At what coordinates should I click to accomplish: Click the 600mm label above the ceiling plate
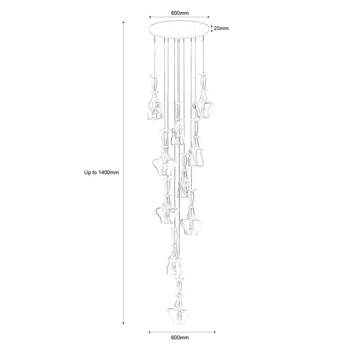point(180,13)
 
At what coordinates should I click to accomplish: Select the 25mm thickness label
point(221,28)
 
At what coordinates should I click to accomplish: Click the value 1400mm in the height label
point(109,172)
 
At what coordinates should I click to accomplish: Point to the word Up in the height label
point(88,172)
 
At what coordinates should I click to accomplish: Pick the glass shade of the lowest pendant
point(177,316)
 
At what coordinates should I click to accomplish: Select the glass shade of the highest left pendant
point(155,110)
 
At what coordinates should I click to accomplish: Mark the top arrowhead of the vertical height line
point(124,23)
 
